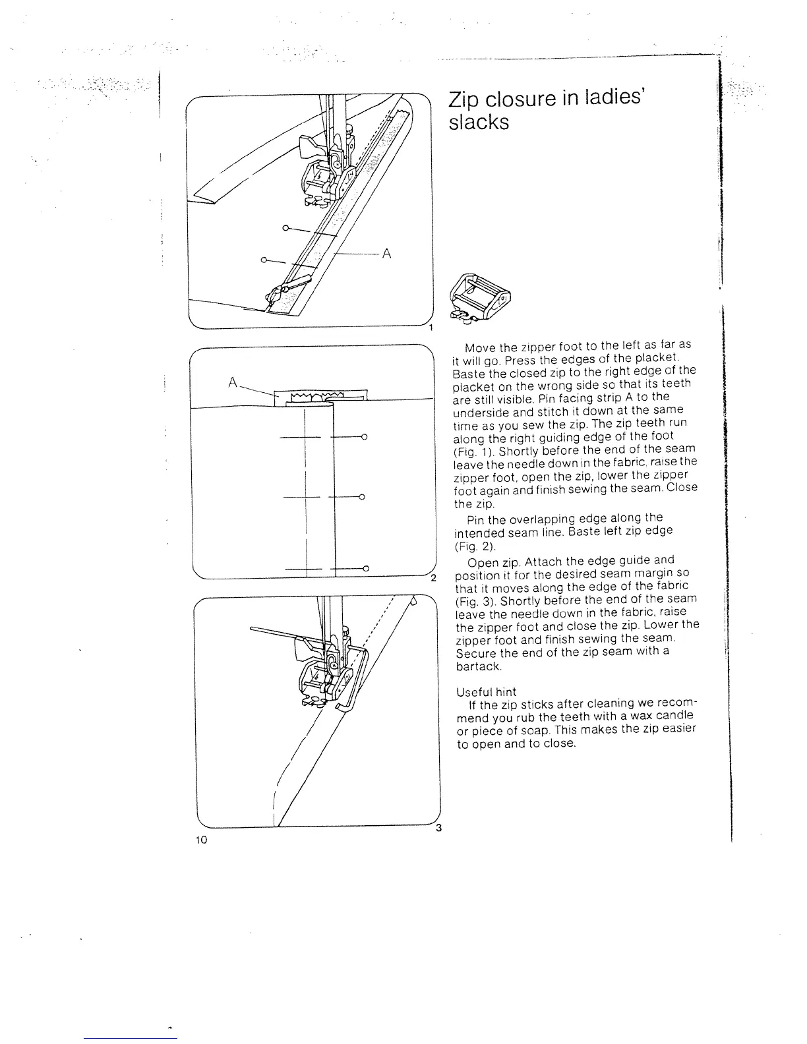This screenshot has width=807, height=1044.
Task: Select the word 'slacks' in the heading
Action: point(479,123)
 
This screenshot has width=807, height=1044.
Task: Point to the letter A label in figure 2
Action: point(232,381)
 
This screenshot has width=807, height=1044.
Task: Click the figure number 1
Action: point(430,328)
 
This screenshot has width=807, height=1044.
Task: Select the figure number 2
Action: point(433,579)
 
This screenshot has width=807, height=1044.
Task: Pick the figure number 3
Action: point(437,829)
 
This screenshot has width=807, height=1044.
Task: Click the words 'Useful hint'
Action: point(487,692)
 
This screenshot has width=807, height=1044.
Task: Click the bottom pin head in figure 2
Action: point(365,567)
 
